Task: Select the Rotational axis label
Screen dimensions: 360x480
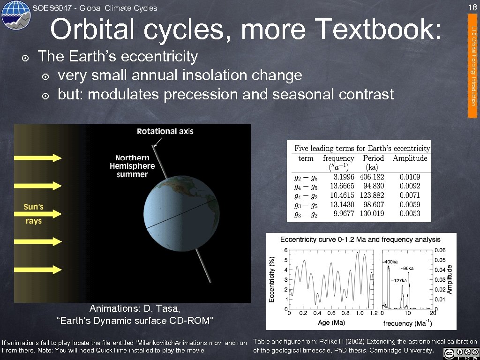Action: point(165,131)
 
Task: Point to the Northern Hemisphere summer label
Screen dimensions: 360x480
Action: point(132,166)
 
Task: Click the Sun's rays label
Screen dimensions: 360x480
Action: point(34,214)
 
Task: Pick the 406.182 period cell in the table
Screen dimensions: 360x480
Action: point(372,177)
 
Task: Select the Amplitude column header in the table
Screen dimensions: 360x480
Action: point(410,158)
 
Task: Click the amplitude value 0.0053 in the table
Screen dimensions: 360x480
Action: point(410,214)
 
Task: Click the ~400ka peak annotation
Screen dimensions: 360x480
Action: point(390,262)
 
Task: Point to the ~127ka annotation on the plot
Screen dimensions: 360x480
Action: point(399,280)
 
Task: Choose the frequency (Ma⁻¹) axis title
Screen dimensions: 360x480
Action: point(407,323)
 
